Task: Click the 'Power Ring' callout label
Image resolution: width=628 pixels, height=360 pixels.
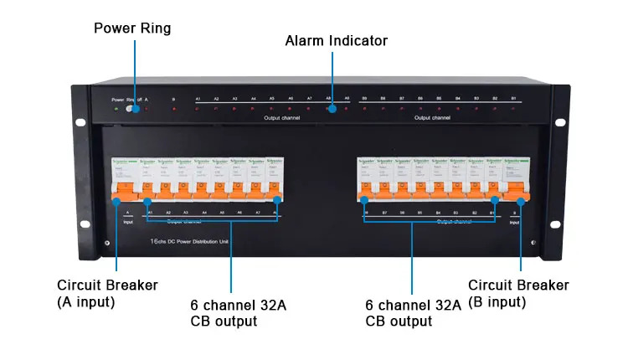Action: pos(131,28)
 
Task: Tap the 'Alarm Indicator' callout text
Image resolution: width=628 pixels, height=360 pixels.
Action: pos(337,40)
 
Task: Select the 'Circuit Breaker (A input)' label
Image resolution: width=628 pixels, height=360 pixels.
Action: pos(107,293)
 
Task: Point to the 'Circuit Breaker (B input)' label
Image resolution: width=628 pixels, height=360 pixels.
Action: pos(518,293)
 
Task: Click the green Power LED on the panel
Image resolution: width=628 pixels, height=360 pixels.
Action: pos(117,109)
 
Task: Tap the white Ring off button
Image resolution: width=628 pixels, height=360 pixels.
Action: pos(131,109)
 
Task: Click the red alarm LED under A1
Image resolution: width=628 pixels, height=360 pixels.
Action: pos(198,109)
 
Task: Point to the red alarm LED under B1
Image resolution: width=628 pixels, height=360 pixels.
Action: pos(513,109)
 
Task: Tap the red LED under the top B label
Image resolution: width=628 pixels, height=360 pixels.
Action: pos(173,109)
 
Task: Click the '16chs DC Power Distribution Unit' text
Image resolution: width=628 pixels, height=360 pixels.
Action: pos(189,241)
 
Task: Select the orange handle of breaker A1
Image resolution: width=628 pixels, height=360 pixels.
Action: pos(147,198)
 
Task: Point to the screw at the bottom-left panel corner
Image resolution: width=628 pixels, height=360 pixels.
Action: pos(106,244)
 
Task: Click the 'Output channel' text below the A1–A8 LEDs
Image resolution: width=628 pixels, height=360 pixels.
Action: pos(281,118)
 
